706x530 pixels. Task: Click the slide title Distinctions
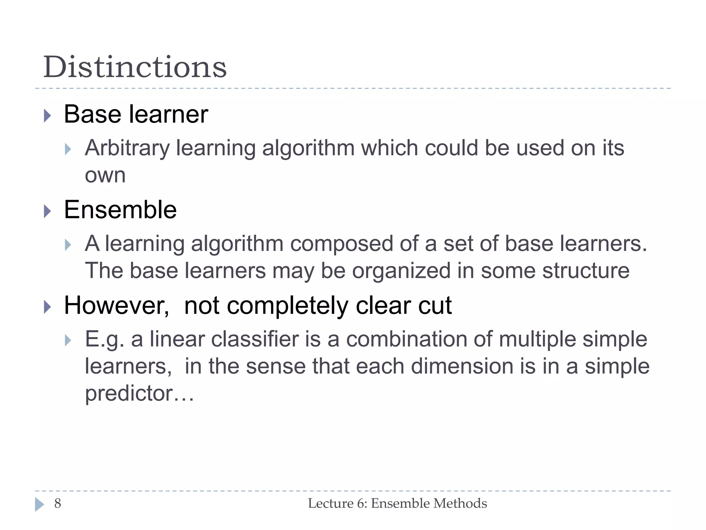point(135,67)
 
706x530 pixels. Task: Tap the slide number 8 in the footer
point(58,503)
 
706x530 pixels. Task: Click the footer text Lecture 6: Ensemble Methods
point(397,503)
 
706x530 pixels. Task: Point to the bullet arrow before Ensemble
point(48,211)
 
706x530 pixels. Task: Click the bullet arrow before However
point(48,306)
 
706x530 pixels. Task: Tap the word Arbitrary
point(127,148)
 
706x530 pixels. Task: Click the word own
point(105,175)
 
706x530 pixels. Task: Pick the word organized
point(401,271)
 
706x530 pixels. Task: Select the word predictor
point(129,393)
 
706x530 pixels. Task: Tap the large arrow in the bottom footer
point(39,504)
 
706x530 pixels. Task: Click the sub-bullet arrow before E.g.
point(68,341)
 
